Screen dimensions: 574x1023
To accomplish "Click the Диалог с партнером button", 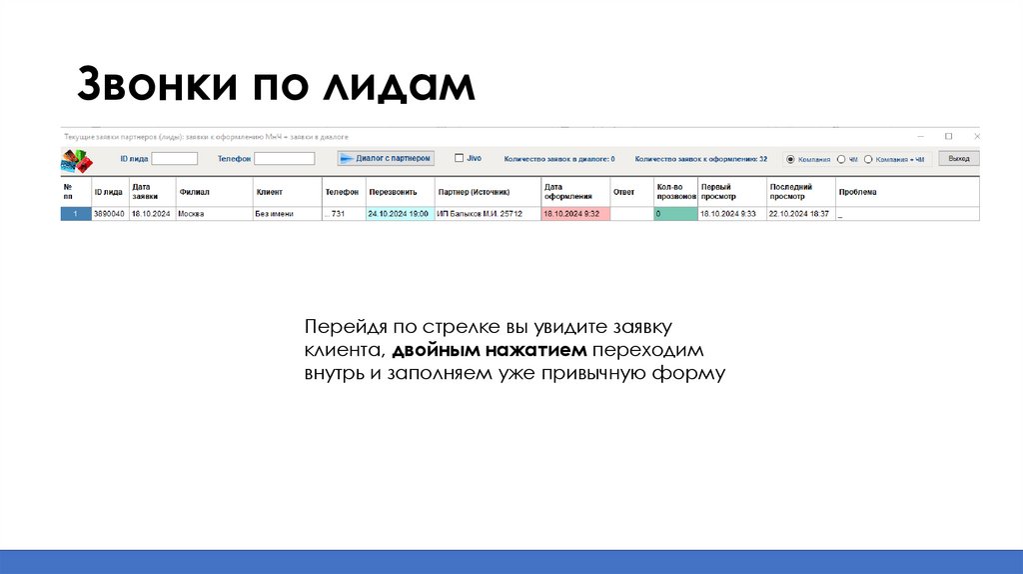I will (x=386, y=158).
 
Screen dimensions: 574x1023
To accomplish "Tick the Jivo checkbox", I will (x=459, y=157).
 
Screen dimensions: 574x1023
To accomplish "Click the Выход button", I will (x=959, y=159).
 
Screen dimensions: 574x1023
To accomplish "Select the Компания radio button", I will (x=790, y=159).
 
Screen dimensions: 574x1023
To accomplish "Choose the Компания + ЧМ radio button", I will (x=868, y=159).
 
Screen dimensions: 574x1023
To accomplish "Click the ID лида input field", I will (x=174, y=158).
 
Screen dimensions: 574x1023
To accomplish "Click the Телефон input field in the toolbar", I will (x=284, y=158).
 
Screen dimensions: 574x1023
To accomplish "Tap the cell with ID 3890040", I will (x=109, y=214).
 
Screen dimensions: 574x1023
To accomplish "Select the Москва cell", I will (x=213, y=214).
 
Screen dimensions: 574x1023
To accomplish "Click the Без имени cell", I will (x=286, y=214).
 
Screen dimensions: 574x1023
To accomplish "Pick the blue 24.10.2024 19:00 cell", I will (x=399, y=214).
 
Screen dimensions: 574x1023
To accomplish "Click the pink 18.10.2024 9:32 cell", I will (x=574, y=214).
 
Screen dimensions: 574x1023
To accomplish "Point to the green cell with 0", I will (x=674, y=214).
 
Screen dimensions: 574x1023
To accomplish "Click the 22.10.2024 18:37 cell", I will (x=799, y=214).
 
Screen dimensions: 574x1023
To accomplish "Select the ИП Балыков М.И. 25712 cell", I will (x=487, y=214).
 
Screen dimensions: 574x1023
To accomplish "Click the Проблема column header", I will (x=857, y=191).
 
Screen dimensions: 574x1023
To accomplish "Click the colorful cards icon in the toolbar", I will (x=75, y=160).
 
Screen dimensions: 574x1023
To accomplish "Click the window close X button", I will (x=975, y=136).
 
